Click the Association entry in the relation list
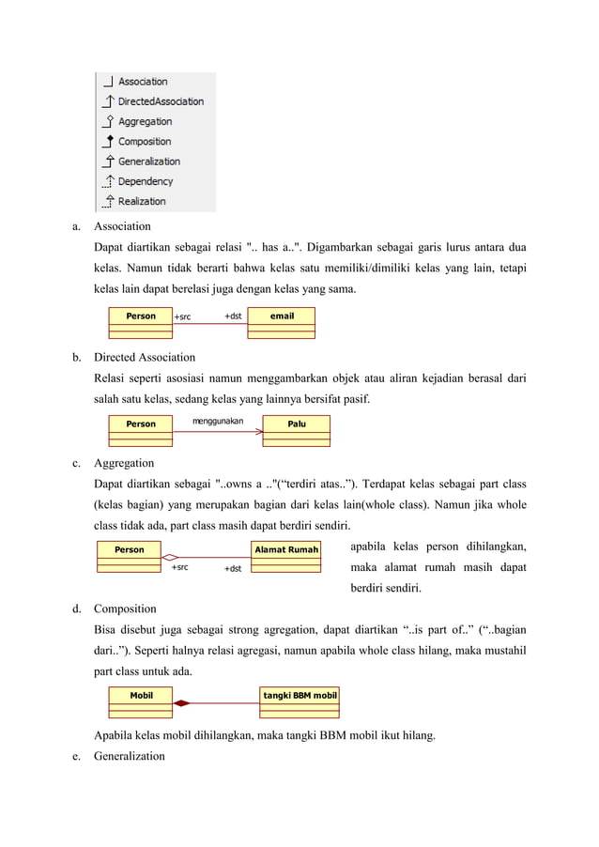point(143,82)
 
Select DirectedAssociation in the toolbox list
point(160,101)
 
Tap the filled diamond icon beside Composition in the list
point(108,141)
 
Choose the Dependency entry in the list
point(146,181)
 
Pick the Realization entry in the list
point(142,201)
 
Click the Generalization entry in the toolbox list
point(148,162)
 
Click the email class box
point(282,321)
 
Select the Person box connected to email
point(141,321)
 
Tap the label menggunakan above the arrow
point(218,422)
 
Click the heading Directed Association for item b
point(145,357)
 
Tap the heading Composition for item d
point(125,608)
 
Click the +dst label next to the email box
point(234,316)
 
